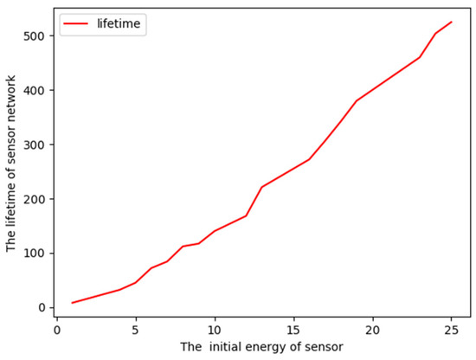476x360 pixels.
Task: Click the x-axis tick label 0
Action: [57, 330]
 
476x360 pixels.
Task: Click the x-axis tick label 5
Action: [136, 330]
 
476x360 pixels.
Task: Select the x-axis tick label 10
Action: [215, 330]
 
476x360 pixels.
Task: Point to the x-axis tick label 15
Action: [293, 330]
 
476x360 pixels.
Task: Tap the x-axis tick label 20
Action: [372, 330]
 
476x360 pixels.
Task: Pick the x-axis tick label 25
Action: [451, 330]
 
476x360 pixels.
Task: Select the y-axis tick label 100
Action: [33, 254]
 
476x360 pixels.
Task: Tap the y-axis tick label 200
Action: [33, 199]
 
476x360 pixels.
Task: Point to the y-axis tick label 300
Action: [33, 145]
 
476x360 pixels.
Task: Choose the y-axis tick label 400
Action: [33, 90]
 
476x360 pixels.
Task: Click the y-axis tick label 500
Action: [33, 35]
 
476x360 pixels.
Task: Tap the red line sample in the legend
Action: [76, 24]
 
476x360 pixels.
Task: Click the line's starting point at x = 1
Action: [73, 303]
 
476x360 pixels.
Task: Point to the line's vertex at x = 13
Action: [262, 187]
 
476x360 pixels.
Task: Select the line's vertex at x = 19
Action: [357, 100]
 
